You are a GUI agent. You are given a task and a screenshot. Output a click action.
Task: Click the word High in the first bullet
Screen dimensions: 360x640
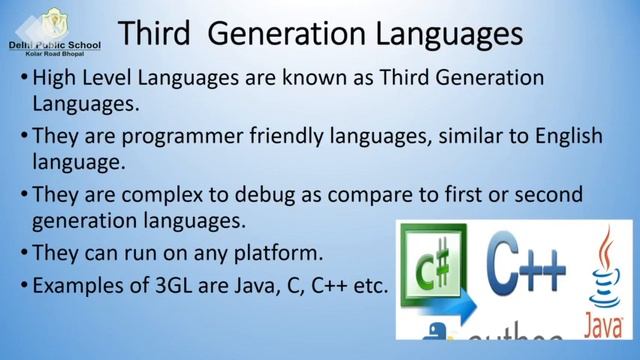pyautogui.click(x=54, y=77)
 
